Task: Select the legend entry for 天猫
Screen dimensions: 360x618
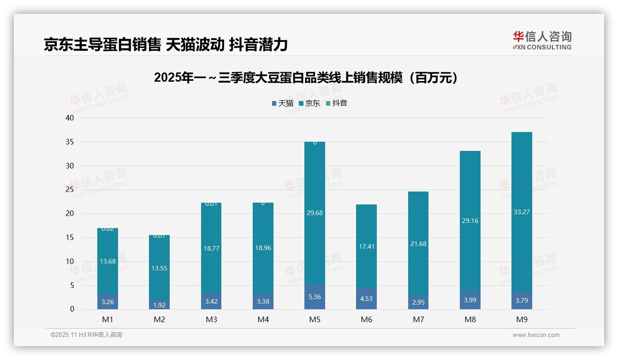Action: coord(282,103)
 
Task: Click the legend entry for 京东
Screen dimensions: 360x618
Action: coord(309,103)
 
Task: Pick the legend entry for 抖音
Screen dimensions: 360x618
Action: coord(336,103)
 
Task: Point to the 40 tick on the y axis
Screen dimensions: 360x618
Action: coord(70,118)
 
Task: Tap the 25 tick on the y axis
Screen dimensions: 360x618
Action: coord(70,190)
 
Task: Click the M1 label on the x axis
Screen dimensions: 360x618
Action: coord(107,319)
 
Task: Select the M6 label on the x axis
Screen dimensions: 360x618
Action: coord(366,319)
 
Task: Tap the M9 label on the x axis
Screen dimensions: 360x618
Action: coord(521,319)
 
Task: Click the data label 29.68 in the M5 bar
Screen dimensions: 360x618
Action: coord(315,213)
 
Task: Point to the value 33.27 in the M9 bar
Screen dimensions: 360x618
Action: coord(521,212)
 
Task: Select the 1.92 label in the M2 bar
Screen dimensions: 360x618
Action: coord(159,305)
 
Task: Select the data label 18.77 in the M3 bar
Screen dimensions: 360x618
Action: coord(211,248)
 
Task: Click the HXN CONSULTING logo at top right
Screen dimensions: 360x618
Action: coord(542,41)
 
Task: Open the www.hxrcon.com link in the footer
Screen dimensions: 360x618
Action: coord(536,335)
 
